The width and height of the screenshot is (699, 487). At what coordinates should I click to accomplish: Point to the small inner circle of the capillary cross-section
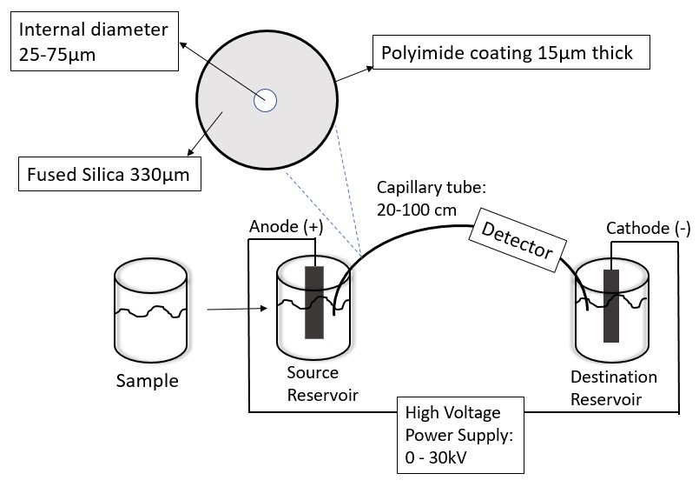265,101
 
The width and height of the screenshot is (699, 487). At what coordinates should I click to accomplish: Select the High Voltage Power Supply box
459,431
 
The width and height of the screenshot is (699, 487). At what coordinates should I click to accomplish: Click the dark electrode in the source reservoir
313,303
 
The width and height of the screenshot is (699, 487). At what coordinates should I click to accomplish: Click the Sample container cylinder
151,313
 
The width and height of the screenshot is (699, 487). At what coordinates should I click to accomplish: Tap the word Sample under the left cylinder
148,380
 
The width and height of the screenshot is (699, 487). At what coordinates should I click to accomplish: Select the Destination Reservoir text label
614,388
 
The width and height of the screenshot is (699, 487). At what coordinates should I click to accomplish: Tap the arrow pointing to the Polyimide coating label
352,72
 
